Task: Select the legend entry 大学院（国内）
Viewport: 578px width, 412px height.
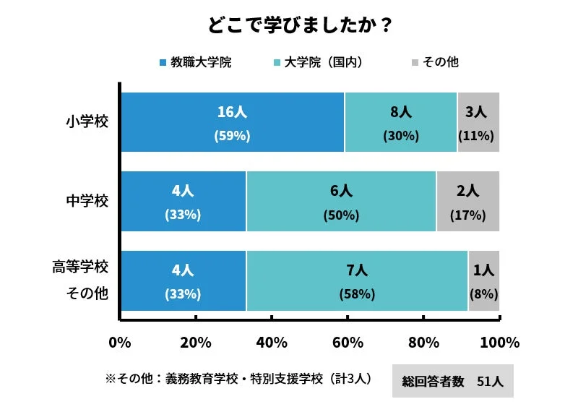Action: [x=316, y=62]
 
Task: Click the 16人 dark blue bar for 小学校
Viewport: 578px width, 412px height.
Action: [x=232, y=122]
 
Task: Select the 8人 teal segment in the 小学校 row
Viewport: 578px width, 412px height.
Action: [x=400, y=122]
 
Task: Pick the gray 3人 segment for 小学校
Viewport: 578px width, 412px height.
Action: [x=478, y=122]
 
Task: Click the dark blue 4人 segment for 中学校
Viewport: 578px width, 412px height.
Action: [x=183, y=202]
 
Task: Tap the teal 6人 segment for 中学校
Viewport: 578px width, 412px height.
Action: [x=341, y=202]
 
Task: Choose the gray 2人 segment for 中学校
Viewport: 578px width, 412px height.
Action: [x=467, y=202]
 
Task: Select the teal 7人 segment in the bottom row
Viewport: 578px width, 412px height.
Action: [x=357, y=281]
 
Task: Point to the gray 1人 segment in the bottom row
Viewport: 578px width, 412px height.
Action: [x=483, y=281]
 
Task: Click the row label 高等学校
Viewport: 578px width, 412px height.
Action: [x=80, y=267]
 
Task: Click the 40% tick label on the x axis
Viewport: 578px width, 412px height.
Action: [x=272, y=342]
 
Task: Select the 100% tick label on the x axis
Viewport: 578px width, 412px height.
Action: [x=499, y=342]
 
